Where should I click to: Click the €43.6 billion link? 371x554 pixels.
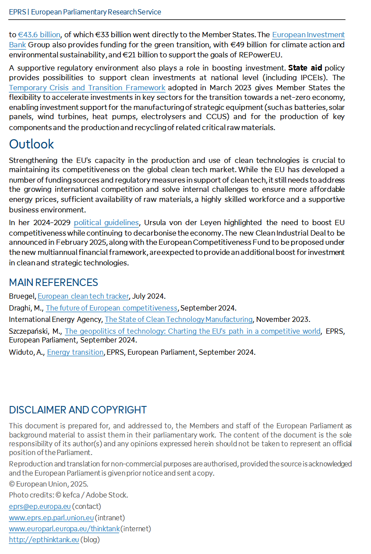[x=39, y=35]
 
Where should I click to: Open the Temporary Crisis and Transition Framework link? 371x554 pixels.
[x=87, y=88]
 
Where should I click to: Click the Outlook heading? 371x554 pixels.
[x=32, y=144]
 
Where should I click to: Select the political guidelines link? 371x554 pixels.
[x=106, y=222]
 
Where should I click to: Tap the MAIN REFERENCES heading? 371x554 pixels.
[x=53, y=282]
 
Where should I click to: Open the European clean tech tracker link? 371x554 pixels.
[x=83, y=296]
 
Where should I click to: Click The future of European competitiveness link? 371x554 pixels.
[x=112, y=308]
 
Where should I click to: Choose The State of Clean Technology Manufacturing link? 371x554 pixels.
[x=179, y=319]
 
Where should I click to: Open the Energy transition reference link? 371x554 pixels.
[x=75, y=352]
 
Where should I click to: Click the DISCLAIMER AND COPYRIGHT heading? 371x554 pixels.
[x=78, y=410]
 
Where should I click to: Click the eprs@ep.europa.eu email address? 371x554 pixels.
[x=40, y=506]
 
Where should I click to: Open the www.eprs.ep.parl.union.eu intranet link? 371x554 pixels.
[x=51, y=518]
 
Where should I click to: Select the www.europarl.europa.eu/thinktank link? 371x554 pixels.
[x=64, y=529]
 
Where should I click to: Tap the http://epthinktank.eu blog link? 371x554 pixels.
[x=44, y=540]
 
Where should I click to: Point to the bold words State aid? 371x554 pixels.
[x=305, y=68]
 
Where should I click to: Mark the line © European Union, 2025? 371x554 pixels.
[x=49, y=484]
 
